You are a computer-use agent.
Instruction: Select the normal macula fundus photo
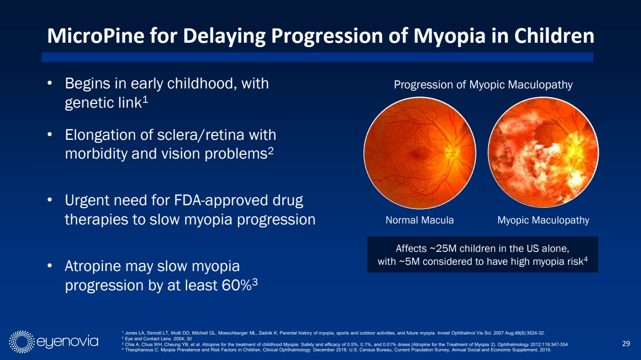pyautogui.click(x=420, y=153)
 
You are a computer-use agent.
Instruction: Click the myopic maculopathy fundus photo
pyautogui.click(x=543, y=152)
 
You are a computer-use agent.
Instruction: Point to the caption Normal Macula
pyautogui.click(x=419, y=220)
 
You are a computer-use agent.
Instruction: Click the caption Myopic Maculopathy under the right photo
pyautogui.click(x=543, y=220)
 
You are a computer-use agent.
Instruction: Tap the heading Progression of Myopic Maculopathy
pyautogui.click(x=483, y=85)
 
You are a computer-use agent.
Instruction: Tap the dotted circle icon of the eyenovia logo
pyautogui.click(x=22, y=342)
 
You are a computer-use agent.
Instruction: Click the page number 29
pyautogui.click(x=626, y=343)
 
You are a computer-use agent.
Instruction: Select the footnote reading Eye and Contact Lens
pyautogui.click(x=157, y=339)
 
